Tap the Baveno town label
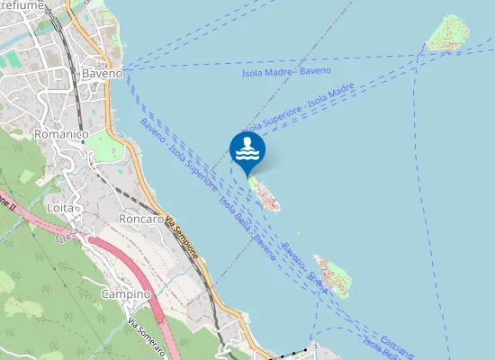(102, 73)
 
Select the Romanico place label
(59, 134)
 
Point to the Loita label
(61, 207)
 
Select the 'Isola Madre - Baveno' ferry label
(286, 71)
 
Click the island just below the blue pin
(265, 193)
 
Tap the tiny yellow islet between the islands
(298, 233)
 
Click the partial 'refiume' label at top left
(20, 5)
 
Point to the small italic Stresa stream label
(66, 236)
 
